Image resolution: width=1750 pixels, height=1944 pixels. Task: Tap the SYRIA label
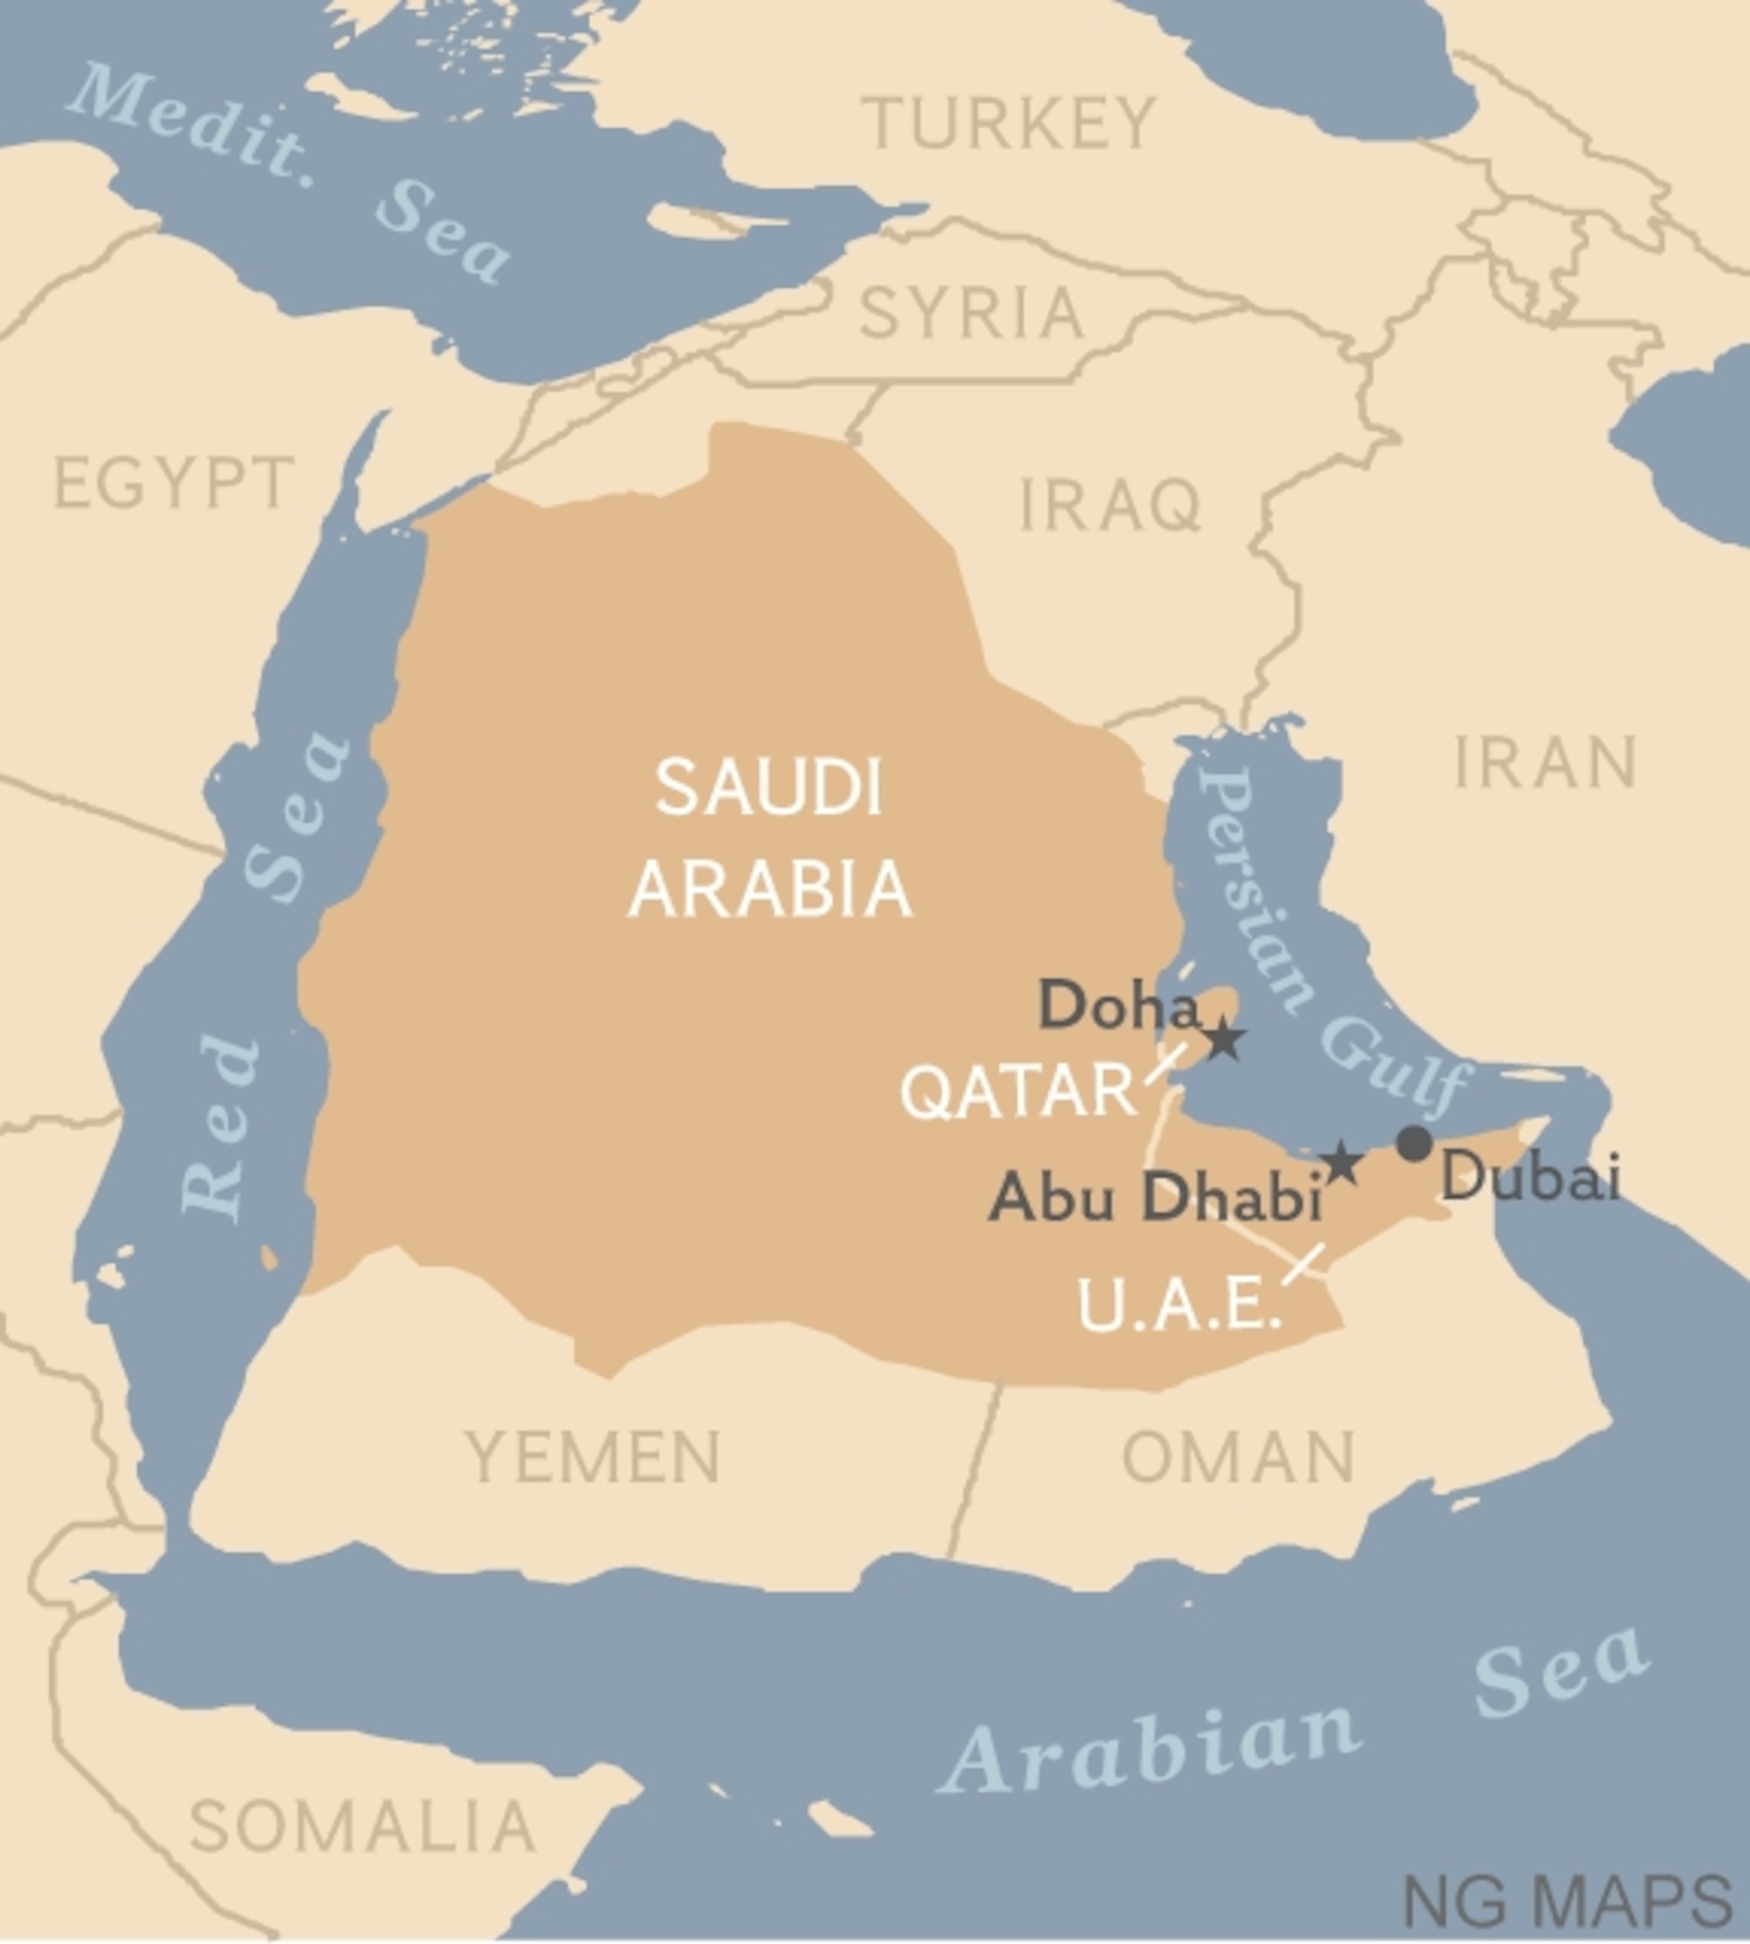971,313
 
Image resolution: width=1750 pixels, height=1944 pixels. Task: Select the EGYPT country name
173,483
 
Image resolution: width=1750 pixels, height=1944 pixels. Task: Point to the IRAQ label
1111,505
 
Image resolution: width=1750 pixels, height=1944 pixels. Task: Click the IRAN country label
1545,763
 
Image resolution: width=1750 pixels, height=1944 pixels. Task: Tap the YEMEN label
593,1457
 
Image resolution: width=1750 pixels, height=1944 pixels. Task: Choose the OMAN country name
1239,1457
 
